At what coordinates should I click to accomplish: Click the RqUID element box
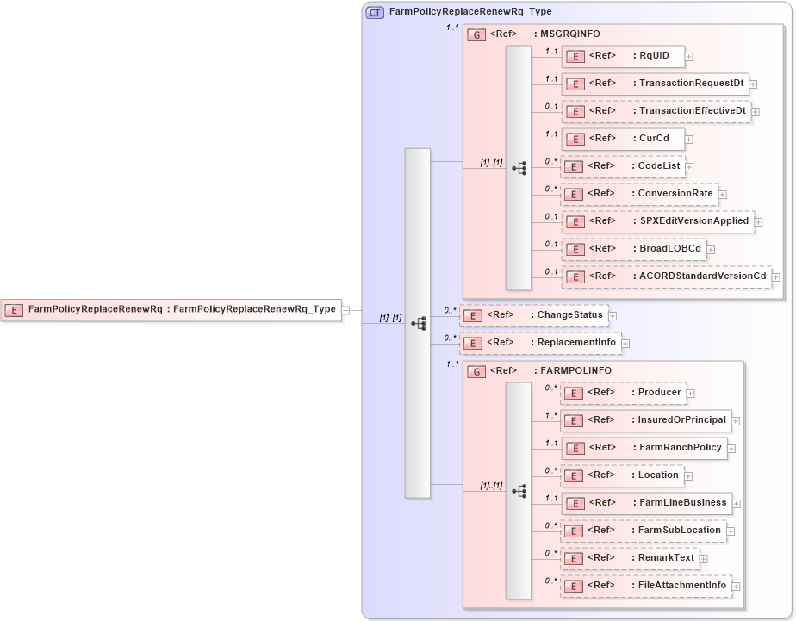[x=623, y=56]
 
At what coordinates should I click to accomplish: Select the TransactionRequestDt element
[x=655, y=84]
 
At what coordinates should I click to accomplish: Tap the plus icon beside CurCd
[x=689, y=139]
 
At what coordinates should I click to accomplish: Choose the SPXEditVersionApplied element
[x=658, y=221]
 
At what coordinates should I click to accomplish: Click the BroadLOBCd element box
[x=633, y=249]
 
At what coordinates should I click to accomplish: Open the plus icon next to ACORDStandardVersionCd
[x=776, y=276]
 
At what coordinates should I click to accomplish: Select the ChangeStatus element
[x=534, y=315]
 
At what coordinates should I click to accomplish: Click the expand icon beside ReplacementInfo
[x=626, y=344]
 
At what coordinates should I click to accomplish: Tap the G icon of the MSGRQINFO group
[x=476, y=34]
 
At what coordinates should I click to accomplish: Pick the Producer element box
[x=624, y=393]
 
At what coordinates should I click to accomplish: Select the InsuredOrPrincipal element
[x=647, y=420]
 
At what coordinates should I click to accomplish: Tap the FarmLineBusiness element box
[x=647, y=503]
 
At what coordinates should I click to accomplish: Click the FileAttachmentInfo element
[x=647, y=586]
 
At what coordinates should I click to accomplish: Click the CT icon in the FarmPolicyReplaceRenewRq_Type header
[x=375, y=12]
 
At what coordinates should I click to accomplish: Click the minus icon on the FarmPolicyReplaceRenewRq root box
[x=345, y=310]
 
